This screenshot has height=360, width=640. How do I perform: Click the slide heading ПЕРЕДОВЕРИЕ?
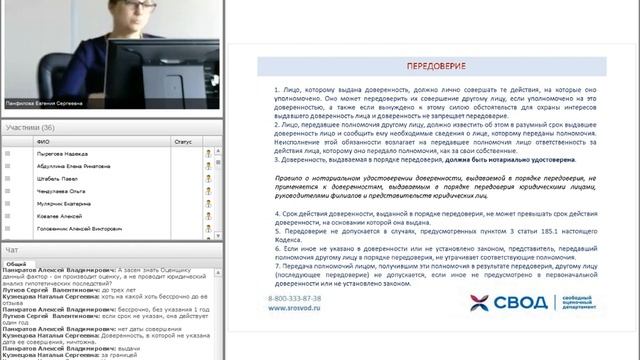click(432, 67)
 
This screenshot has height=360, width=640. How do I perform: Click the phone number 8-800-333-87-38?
click(296, 299)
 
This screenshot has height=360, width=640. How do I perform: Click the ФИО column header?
click(43, 141)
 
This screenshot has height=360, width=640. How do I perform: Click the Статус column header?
click(182, 141)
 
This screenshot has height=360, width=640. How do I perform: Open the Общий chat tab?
click(16, 264)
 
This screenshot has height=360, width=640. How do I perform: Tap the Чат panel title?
click(12, 250)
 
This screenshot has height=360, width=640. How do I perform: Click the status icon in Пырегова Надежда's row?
click(208, 154)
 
